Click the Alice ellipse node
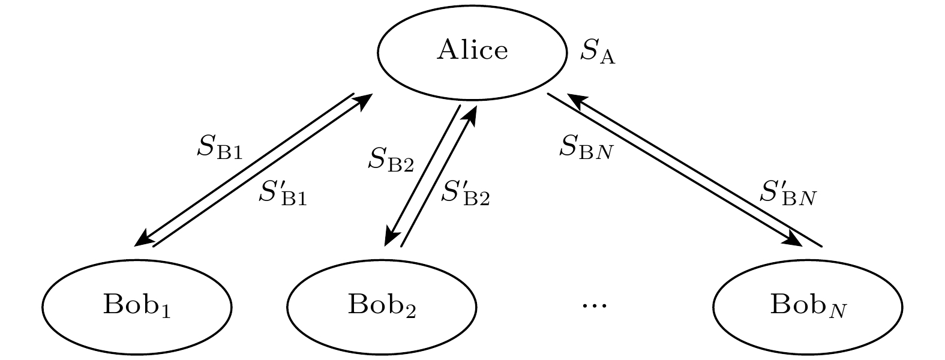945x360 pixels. coord(472,52)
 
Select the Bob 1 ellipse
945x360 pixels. coord(137,306)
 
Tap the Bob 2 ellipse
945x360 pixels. coord(382,306)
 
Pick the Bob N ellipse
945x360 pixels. coord(808,306)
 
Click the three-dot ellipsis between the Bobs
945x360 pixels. coord(595,306)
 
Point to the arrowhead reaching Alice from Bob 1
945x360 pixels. coord(364,102)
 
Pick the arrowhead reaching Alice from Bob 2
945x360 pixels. coord(471,113)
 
